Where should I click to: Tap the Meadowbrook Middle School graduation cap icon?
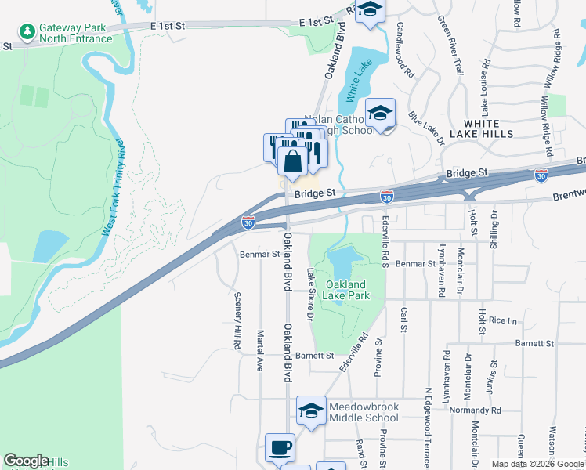[311, 410]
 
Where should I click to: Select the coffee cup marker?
[280, 448]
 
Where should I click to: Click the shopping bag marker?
[292, 162]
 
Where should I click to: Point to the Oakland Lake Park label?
[347, 289]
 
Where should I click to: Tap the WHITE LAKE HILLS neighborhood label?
[488, 128]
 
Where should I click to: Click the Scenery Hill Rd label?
[237, 320]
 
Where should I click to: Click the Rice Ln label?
[503, 320]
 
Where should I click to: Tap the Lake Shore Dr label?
[310, 294]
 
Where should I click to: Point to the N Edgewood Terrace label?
[428, 426]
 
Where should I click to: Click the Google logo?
[27, 461]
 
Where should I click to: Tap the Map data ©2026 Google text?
[537, 464]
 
